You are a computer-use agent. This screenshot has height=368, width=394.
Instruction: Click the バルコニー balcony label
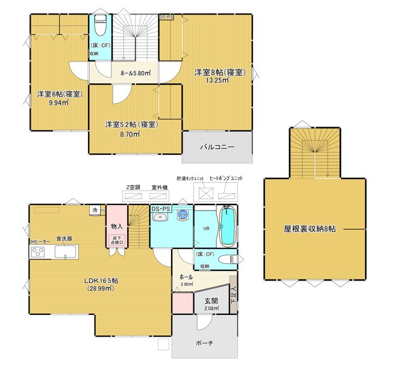(217, 147)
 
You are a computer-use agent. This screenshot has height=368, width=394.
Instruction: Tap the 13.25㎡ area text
(217, 80)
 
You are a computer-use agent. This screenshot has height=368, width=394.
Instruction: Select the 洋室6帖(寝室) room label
(60, 94)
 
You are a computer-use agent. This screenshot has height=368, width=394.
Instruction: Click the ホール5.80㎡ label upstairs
(135, 74)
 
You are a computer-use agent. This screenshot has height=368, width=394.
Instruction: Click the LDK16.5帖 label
(101, 281)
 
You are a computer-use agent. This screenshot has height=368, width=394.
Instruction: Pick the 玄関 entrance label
(210, 301)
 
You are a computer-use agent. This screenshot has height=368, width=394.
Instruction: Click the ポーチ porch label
(204, 343)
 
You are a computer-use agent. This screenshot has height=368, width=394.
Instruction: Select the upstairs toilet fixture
(101, 27)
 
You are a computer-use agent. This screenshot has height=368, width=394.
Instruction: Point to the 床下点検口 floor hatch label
(117, 241)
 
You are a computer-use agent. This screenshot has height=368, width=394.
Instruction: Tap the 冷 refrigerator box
(95, 210)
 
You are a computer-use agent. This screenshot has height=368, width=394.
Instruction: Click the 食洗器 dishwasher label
(64, 239)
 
